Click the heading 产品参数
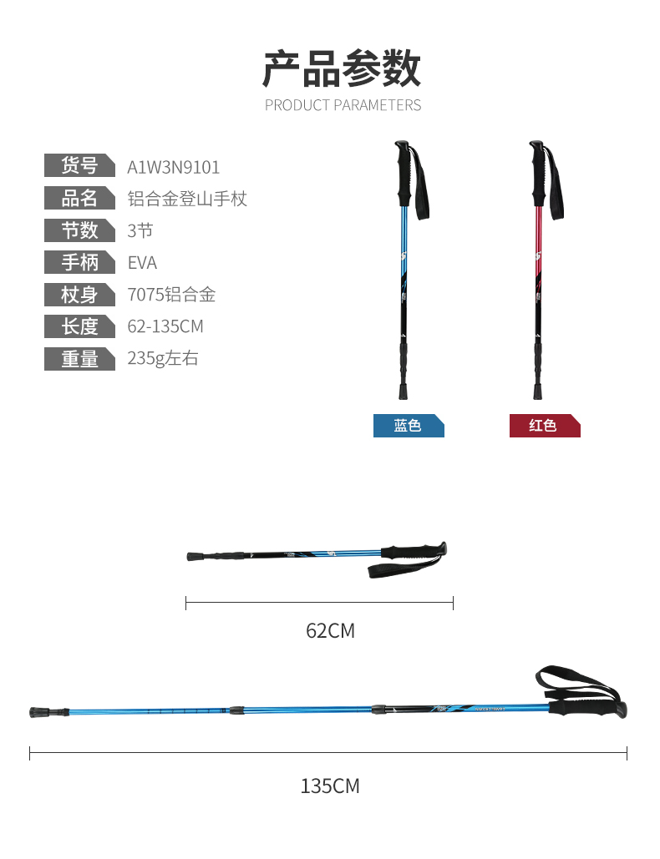(x=342, y=69)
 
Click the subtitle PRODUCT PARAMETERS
(x=343, y=105)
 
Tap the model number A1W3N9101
(x=173, y=167)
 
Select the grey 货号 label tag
(x=79, y=165)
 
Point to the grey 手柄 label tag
(x=79, y=262)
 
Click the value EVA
(x=142, y=263)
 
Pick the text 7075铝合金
(x=171, y=295)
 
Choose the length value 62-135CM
(x=165, y=326)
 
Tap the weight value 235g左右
(x=163, y=358)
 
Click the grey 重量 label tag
(x=79, y=359)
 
